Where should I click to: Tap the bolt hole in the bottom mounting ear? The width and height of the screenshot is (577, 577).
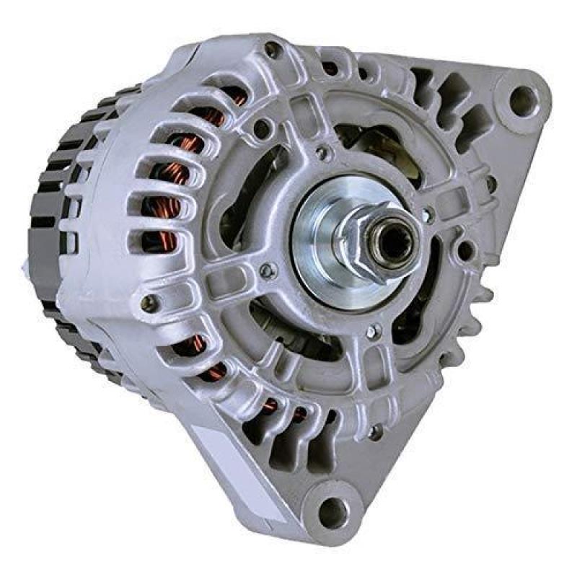pos(333,511)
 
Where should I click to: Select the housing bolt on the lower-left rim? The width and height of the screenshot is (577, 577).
pos(149,303)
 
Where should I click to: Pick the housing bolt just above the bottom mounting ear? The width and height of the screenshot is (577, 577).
pos(375,432)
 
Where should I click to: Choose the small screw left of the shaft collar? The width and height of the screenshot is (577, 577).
pos(268,270)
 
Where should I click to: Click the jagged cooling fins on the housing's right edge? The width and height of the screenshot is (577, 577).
pos(480,303)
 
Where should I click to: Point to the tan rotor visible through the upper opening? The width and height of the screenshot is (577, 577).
pos(382,144)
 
